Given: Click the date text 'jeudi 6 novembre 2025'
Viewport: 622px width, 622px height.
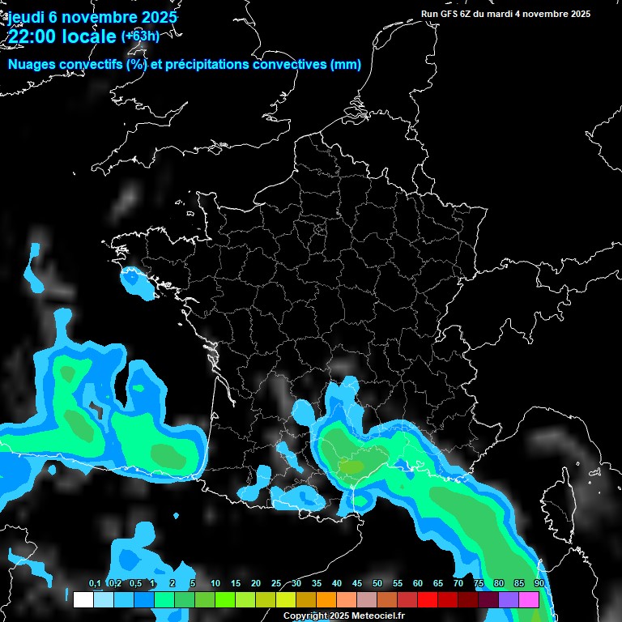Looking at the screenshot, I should (92, 16).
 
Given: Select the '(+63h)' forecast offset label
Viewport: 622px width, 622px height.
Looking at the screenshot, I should (141, 36).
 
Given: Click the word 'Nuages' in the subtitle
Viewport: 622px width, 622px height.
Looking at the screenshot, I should (30, 65).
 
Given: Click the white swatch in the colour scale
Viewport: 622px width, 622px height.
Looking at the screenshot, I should (83, 599).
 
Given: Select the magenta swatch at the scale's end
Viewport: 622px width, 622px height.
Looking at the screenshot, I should (529, 599).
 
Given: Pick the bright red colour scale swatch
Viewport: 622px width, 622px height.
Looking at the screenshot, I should (428, 599).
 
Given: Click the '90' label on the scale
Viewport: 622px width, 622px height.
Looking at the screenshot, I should (539, 584).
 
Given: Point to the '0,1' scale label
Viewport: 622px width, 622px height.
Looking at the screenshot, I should (94, 584).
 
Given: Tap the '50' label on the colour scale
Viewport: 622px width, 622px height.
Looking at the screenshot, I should (377, 584).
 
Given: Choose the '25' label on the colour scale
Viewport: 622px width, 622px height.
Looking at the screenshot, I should (276, 584).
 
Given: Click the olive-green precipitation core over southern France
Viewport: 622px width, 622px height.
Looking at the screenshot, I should (351, 467).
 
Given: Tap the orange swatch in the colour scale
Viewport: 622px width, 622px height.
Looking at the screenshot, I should (326, 599).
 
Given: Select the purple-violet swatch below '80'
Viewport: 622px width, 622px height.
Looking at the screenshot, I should (509, 599).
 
